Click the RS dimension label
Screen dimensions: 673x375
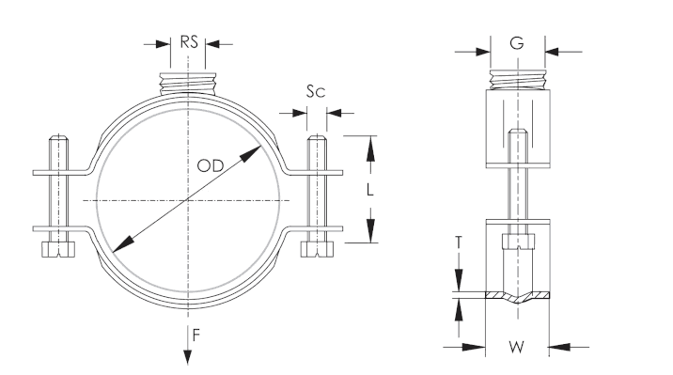click(x=188, y=42)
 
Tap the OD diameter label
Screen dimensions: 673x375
click(x=211, y=165)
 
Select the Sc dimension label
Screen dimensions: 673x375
click(x=316, y=91)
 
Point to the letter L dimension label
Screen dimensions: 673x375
click(x=369, y=189)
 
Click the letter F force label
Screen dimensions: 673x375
click(x=196, y=336)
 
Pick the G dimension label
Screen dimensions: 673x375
click(x=517, y=43)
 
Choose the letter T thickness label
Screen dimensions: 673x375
click(x=459, y=242)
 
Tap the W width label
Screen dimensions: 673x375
click(x=516, y=347)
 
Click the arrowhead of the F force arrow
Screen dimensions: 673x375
click(x=188, y=356)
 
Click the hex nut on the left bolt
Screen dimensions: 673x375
click(x=58, y=249)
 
